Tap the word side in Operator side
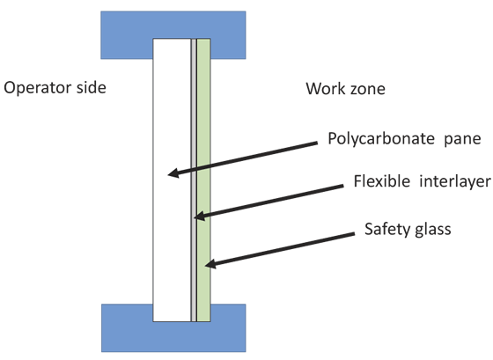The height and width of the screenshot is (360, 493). pyautogui.click(x=92, y=87)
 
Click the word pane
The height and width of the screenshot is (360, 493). pyautogui.click(x=462, y=140)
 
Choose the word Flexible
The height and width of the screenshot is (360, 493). pyautogui.click(x=382, y=181)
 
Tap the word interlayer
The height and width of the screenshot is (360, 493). pyautogui.click(x=455, y=181)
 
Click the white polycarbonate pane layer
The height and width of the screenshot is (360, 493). pyautogui.click(x=172, y=180)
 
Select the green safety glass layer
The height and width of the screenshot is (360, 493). pyautogui.click(x=203, y=180)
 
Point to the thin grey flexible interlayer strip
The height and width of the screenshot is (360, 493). pyautogui.click(x=194, y=180)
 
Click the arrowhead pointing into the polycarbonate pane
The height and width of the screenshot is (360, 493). pyautogui.click(x=173, y=173)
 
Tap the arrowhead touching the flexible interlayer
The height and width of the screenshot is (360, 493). pyautogui.click(x=199, y=216)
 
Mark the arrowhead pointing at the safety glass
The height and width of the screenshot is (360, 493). pyautogui.click(x=210, y=264)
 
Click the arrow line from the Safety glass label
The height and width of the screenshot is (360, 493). pyautogui.click(x=280, y=249)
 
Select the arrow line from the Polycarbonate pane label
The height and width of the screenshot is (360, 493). pyautogui.click(x=242, y=158)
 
